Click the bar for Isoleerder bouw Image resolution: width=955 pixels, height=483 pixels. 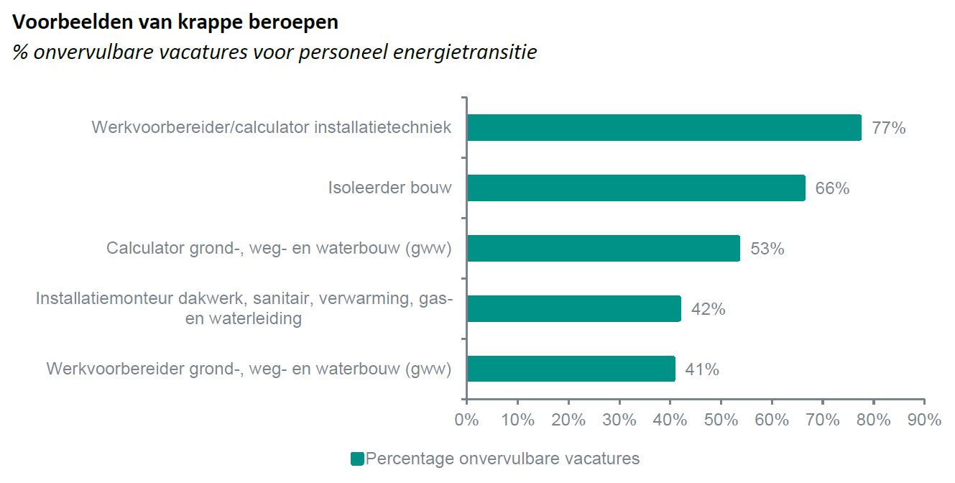pyautogui.click(x=636, y=188)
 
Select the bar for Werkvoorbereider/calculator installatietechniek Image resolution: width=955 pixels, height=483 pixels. pyautogui.click(x=664, y=128)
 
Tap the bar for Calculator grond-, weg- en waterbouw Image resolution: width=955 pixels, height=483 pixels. pyautogui.click(x=604, y=249)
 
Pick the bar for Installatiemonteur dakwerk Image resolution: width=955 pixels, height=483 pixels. pyautogui.click(x=573, y=309)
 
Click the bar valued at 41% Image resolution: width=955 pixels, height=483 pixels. pyautogui.click(x=571, y=369)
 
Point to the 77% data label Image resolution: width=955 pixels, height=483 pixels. pyautogui.click(x=888, y=129)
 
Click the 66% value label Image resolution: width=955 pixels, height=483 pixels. pyautogui.click(x=832, y=189)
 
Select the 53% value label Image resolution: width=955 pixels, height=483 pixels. pyautogui.click(x=767, y=249)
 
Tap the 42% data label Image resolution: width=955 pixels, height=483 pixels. pyautogui.click(x=708, y=310)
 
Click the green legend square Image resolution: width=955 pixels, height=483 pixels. pyautogui.click(x=356, y=459)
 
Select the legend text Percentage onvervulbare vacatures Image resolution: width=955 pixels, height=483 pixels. pyautogui.click(x=502, y=459)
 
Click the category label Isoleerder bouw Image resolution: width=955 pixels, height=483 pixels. pyautogui.click(x=390, y=188)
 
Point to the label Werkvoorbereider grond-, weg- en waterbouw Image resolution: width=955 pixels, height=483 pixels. pyautogui.click(x=249, y=369)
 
